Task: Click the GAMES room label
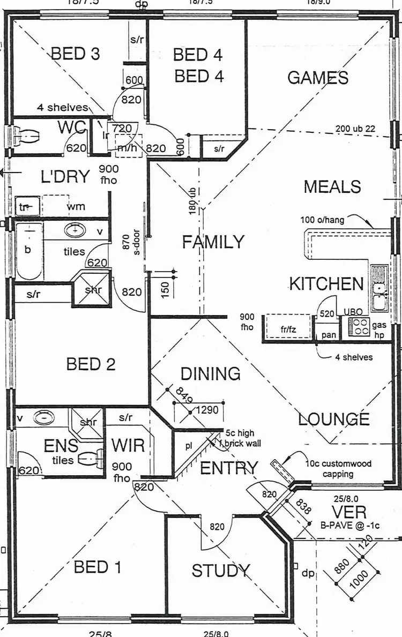coord(318,78)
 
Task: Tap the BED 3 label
coord(75,54)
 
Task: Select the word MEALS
coord(332,187)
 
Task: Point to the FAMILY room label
coord(213,242)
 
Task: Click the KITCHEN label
coord(326,283)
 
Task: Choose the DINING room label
coord(210,373)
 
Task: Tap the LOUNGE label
coord(333,419)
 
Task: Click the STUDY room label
coord(221,571)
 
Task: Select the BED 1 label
coord(98,567)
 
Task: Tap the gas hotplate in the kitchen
coord(359,326)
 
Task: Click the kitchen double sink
coord(379,289)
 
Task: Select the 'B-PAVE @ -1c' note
coord(349,525)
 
